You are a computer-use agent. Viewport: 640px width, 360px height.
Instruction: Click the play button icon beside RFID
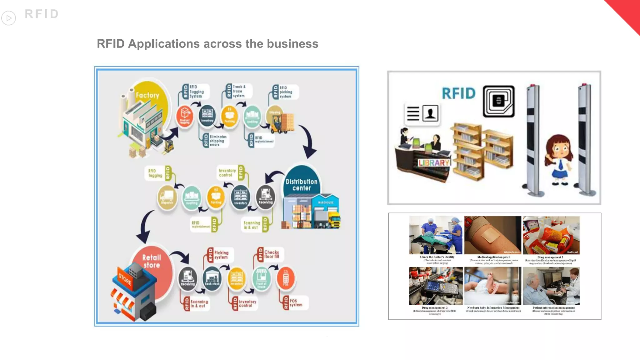coord(9,18)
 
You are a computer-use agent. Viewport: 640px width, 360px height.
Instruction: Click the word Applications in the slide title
coord(164,44)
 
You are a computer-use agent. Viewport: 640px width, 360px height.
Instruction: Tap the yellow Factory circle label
coord(147,95)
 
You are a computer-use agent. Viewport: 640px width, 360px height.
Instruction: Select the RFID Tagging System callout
coord(194,92)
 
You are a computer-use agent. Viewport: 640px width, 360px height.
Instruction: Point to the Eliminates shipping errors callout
coord(216,141)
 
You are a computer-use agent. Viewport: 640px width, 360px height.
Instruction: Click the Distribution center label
coord(301,185)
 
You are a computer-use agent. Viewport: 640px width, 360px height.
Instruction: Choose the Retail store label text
coord(152,261)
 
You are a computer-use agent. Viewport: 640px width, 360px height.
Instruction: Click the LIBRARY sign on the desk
coord(434,163)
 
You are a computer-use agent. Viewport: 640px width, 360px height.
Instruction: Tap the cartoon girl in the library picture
coord(559,159)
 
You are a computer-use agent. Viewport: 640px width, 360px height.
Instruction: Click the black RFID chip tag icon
coord(498,101)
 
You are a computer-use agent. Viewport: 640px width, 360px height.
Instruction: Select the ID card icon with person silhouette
coord(422,113)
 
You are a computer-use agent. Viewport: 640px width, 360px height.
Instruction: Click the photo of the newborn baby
coord(492,286)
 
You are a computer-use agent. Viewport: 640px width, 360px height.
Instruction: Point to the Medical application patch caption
coord(493,257)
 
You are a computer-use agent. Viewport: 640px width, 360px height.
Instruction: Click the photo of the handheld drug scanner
coord(436,286)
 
